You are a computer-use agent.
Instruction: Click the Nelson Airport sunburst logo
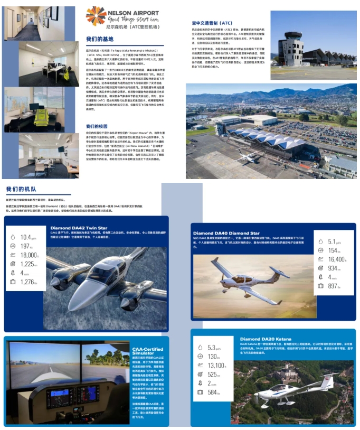96,15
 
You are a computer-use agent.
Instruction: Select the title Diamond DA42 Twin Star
79,228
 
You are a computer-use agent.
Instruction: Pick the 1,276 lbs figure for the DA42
29,282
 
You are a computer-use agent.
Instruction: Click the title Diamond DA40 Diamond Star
226,233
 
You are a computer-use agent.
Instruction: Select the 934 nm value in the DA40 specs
333,268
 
